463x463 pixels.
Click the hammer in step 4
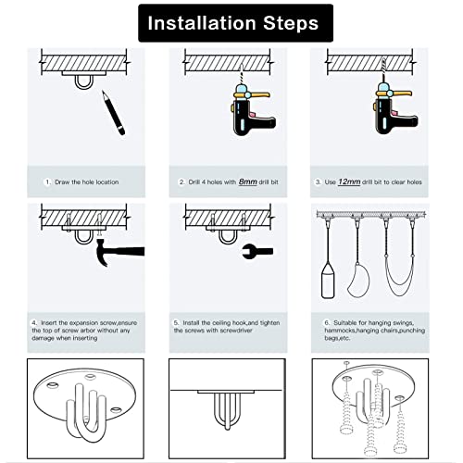coord(120,248)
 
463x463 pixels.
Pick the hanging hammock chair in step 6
coord(360,274)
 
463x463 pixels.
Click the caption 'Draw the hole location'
coord(86,182)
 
